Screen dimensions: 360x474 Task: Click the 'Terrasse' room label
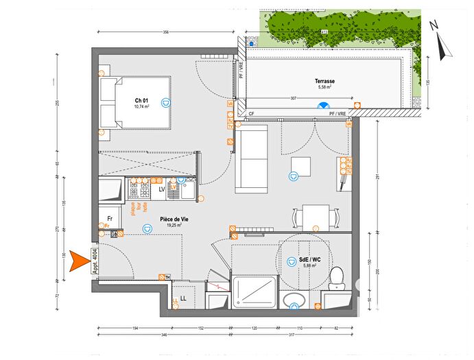pyautogui.click(x=326, y=81)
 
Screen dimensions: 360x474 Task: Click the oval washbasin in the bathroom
pyautogui.click(x=296, y=300)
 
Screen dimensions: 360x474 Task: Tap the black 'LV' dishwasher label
pyautogui.click(x=163, y=189)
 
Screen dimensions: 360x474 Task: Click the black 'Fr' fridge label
pyautogui.click(x=108, y=219)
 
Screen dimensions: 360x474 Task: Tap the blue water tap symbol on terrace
pyautogui.click(x=322, y=106)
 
